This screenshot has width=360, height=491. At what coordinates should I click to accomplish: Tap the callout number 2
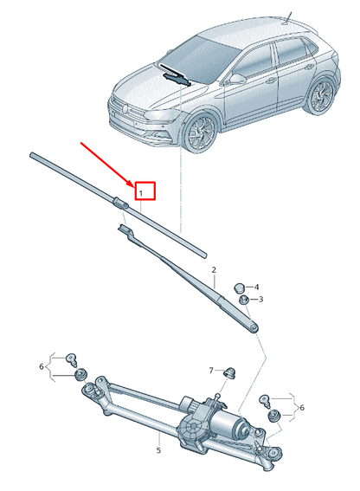pyautogui.click(x=213, y=270)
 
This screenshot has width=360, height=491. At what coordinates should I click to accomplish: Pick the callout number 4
pyautogui.click(x=256, y=287)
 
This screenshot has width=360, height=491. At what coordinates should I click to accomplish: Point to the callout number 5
pyautogui.click(x=159, y=449)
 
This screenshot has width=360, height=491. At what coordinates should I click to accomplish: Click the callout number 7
pyautogui.click(x=210, y=370)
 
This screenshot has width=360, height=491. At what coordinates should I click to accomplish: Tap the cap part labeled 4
pyautogui.click(x=240, y=286)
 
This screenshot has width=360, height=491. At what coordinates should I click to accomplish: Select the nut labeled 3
pyautogui.click(x=245, y=299)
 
